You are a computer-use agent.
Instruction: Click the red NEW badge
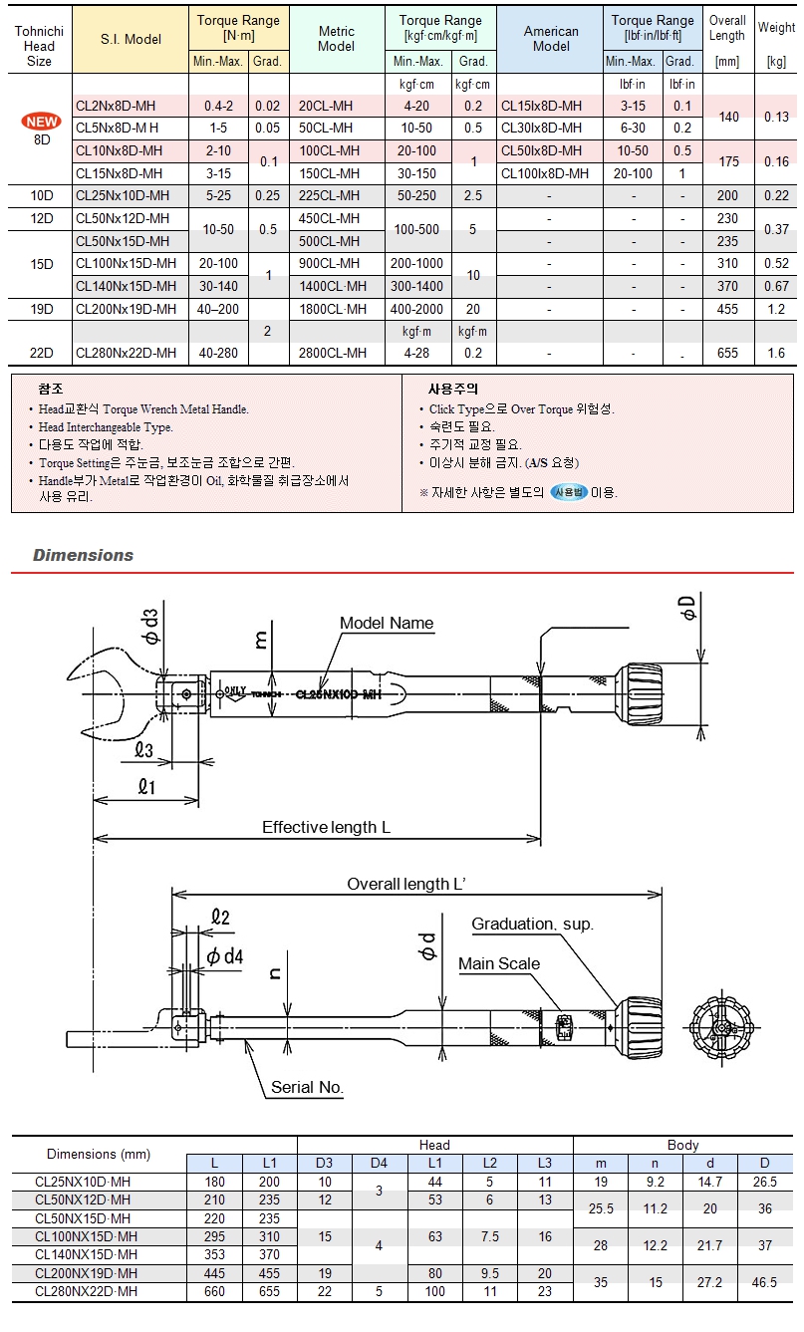[x=43, y=123]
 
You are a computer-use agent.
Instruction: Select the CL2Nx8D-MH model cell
[x=116, y=106]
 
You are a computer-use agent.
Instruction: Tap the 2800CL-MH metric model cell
[x=333, y=354]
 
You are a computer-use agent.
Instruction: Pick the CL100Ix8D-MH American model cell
[x=545, y=174]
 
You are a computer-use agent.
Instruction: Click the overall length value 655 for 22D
[x=727, y=354]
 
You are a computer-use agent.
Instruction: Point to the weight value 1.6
[x=776, y=354]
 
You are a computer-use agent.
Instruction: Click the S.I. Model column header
[x=131, y=39]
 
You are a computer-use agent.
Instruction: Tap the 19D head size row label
[x=41, y=310]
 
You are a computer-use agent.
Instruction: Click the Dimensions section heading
[x=83, y=556]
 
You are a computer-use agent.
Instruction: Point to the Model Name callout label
[x=387, y=624]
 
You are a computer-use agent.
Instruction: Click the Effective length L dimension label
[x=326, y=828]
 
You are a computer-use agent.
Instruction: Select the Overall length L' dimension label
[x=407, y=885]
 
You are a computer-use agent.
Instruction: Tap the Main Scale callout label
[x=498, y=964]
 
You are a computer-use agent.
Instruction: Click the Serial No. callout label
[x=307, y=1088]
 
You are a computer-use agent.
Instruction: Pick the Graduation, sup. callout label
[x=532, y=925]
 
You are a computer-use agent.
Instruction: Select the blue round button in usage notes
[x=569, y=492]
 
